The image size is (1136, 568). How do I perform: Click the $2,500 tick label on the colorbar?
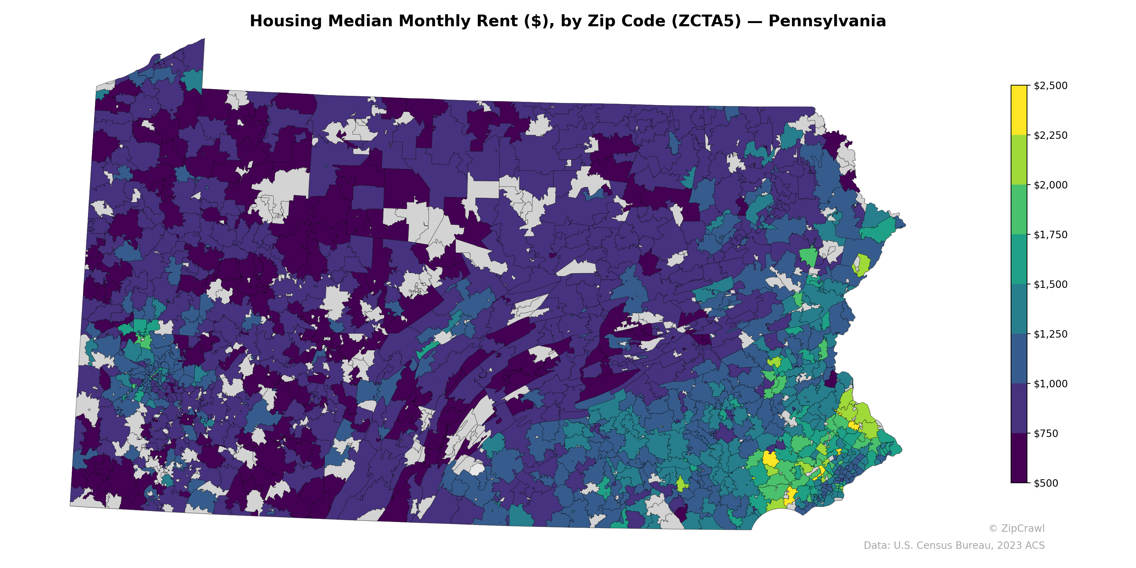[x=1050, y=86]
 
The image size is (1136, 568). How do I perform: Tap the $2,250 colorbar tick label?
[x=1050, y=135]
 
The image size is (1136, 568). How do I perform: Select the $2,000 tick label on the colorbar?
[x=1050, y=185]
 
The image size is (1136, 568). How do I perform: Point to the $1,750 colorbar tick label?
[x=1050, y=235]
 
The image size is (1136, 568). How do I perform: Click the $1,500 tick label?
[x=1050, y=284]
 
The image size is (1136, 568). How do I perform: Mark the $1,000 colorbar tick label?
[x=1050, y=384]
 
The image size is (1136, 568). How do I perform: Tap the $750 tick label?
[x=1046, y=433]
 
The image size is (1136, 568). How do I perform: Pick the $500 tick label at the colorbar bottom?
[x=1046, y=483]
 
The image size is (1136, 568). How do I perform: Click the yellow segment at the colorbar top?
[x=1019, y=110]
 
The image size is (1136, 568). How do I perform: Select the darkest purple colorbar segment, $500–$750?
[x=1019, y=458]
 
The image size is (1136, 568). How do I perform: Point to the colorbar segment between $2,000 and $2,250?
[x=1019, y=160]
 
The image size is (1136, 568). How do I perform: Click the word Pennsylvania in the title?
[x=827, y=21]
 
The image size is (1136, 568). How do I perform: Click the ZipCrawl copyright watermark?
[x=1016, y=528]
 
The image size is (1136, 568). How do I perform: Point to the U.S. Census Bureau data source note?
[x=954, y=546]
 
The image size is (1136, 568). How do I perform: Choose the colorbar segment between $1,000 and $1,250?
[x=1019, y=359]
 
